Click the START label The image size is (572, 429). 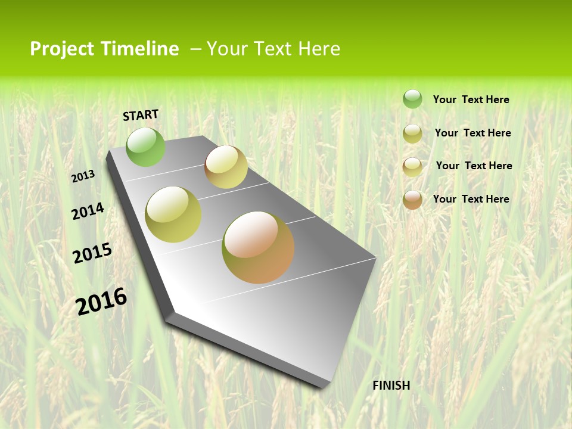[141, 115]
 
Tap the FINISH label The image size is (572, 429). [391, 386]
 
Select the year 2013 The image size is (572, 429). [83, 176]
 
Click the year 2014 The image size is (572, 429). [88, 211]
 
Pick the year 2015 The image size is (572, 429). [92, 253]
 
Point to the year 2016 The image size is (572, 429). [101, 301]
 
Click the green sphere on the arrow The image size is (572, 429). [145, 147]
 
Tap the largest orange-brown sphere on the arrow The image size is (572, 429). [258, 247]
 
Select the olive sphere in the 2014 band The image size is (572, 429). [173, 214]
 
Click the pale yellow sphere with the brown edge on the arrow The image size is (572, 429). [226, 167]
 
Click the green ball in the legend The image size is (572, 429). [412, 99]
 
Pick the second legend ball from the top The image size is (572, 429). [412, 133]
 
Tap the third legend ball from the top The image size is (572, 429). [412, 167]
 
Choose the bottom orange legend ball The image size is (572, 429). [412, 200]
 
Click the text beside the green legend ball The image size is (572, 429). [471, 100]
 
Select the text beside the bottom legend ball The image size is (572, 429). [471, 199]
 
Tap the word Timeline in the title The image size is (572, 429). [139, 49]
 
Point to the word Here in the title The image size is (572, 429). [319, 49]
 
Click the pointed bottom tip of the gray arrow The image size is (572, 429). [325, 386]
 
